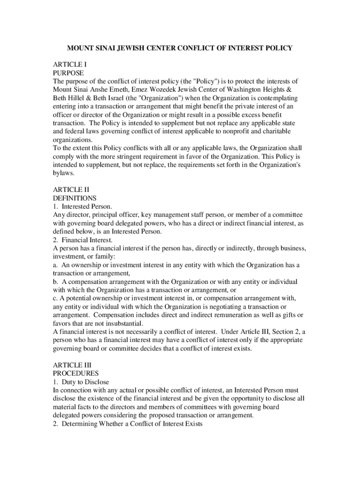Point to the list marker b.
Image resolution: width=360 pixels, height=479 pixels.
click(55, 282)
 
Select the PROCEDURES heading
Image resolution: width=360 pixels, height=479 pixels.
click(76, 373)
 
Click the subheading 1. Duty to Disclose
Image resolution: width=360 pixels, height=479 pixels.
click(82, 382)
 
